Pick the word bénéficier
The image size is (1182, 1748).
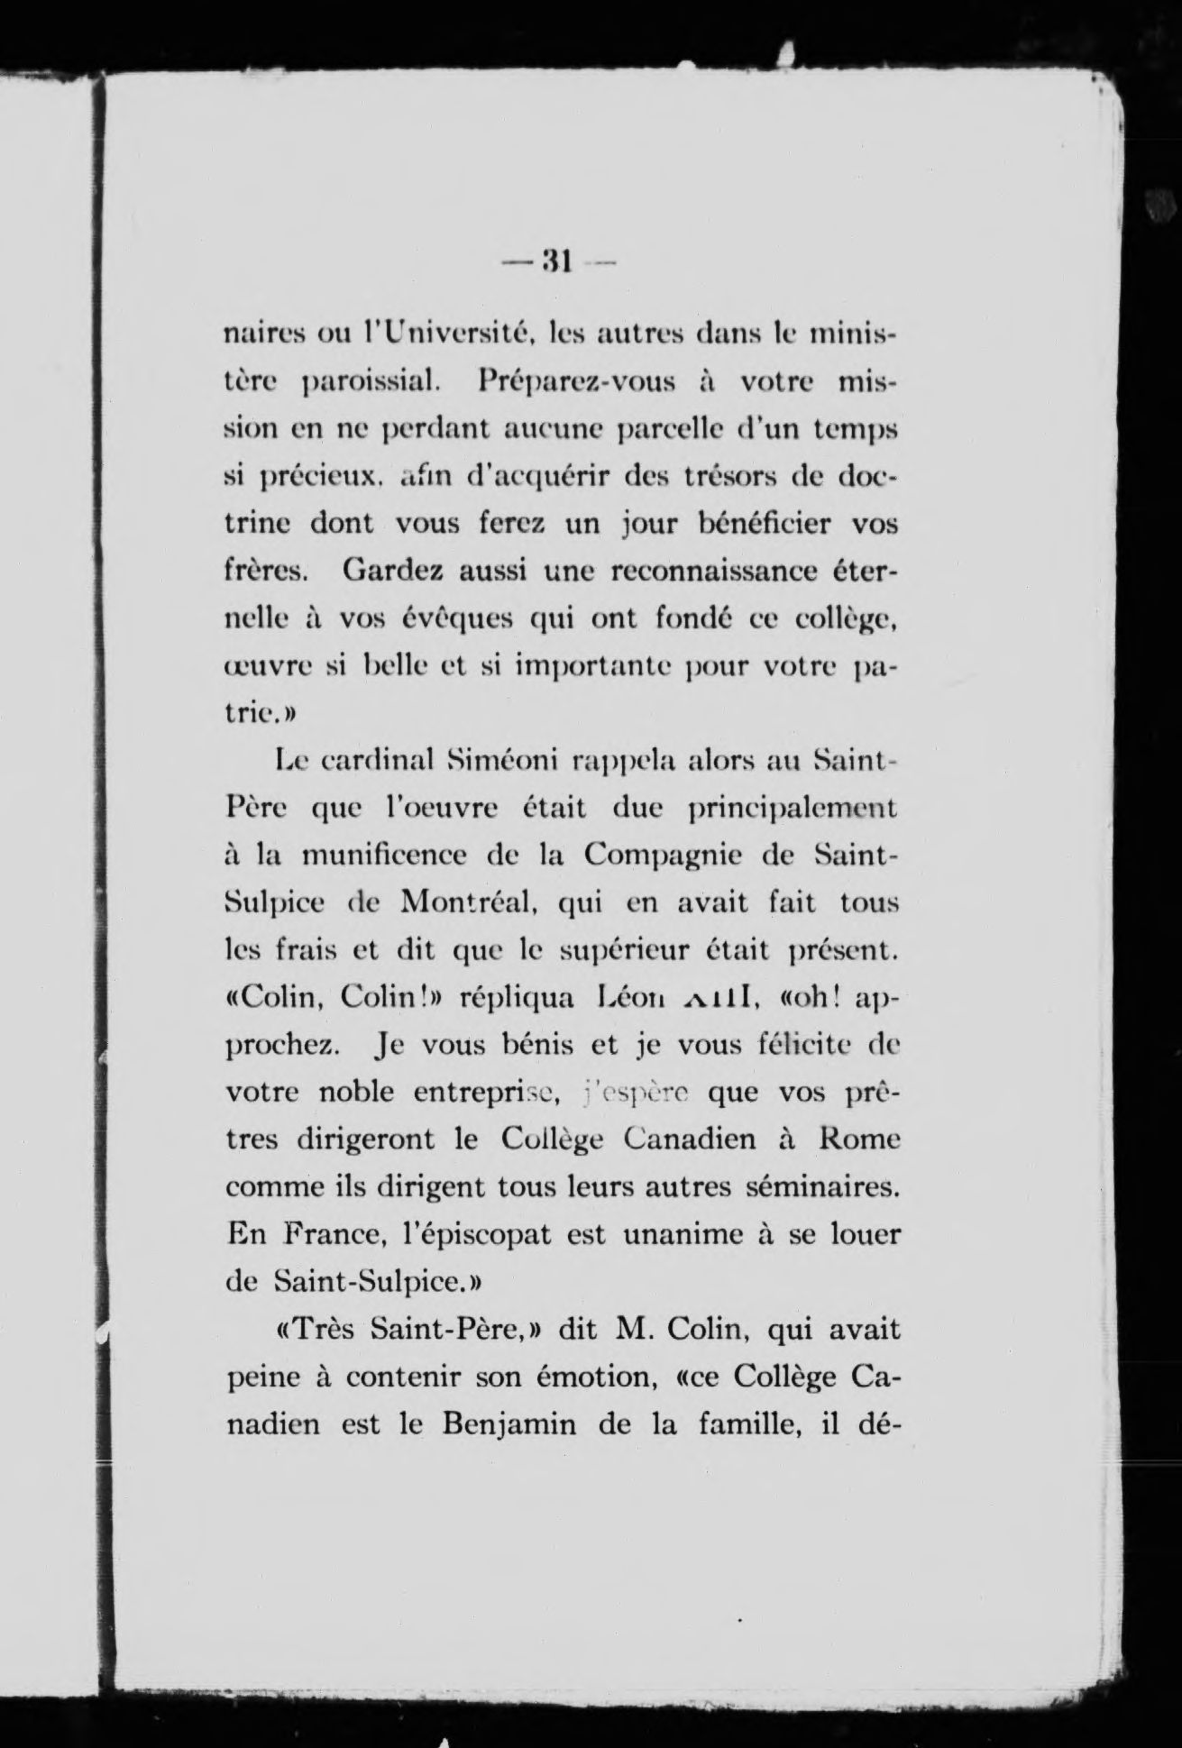coord(732,524)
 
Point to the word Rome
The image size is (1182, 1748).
coord(859,1139)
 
